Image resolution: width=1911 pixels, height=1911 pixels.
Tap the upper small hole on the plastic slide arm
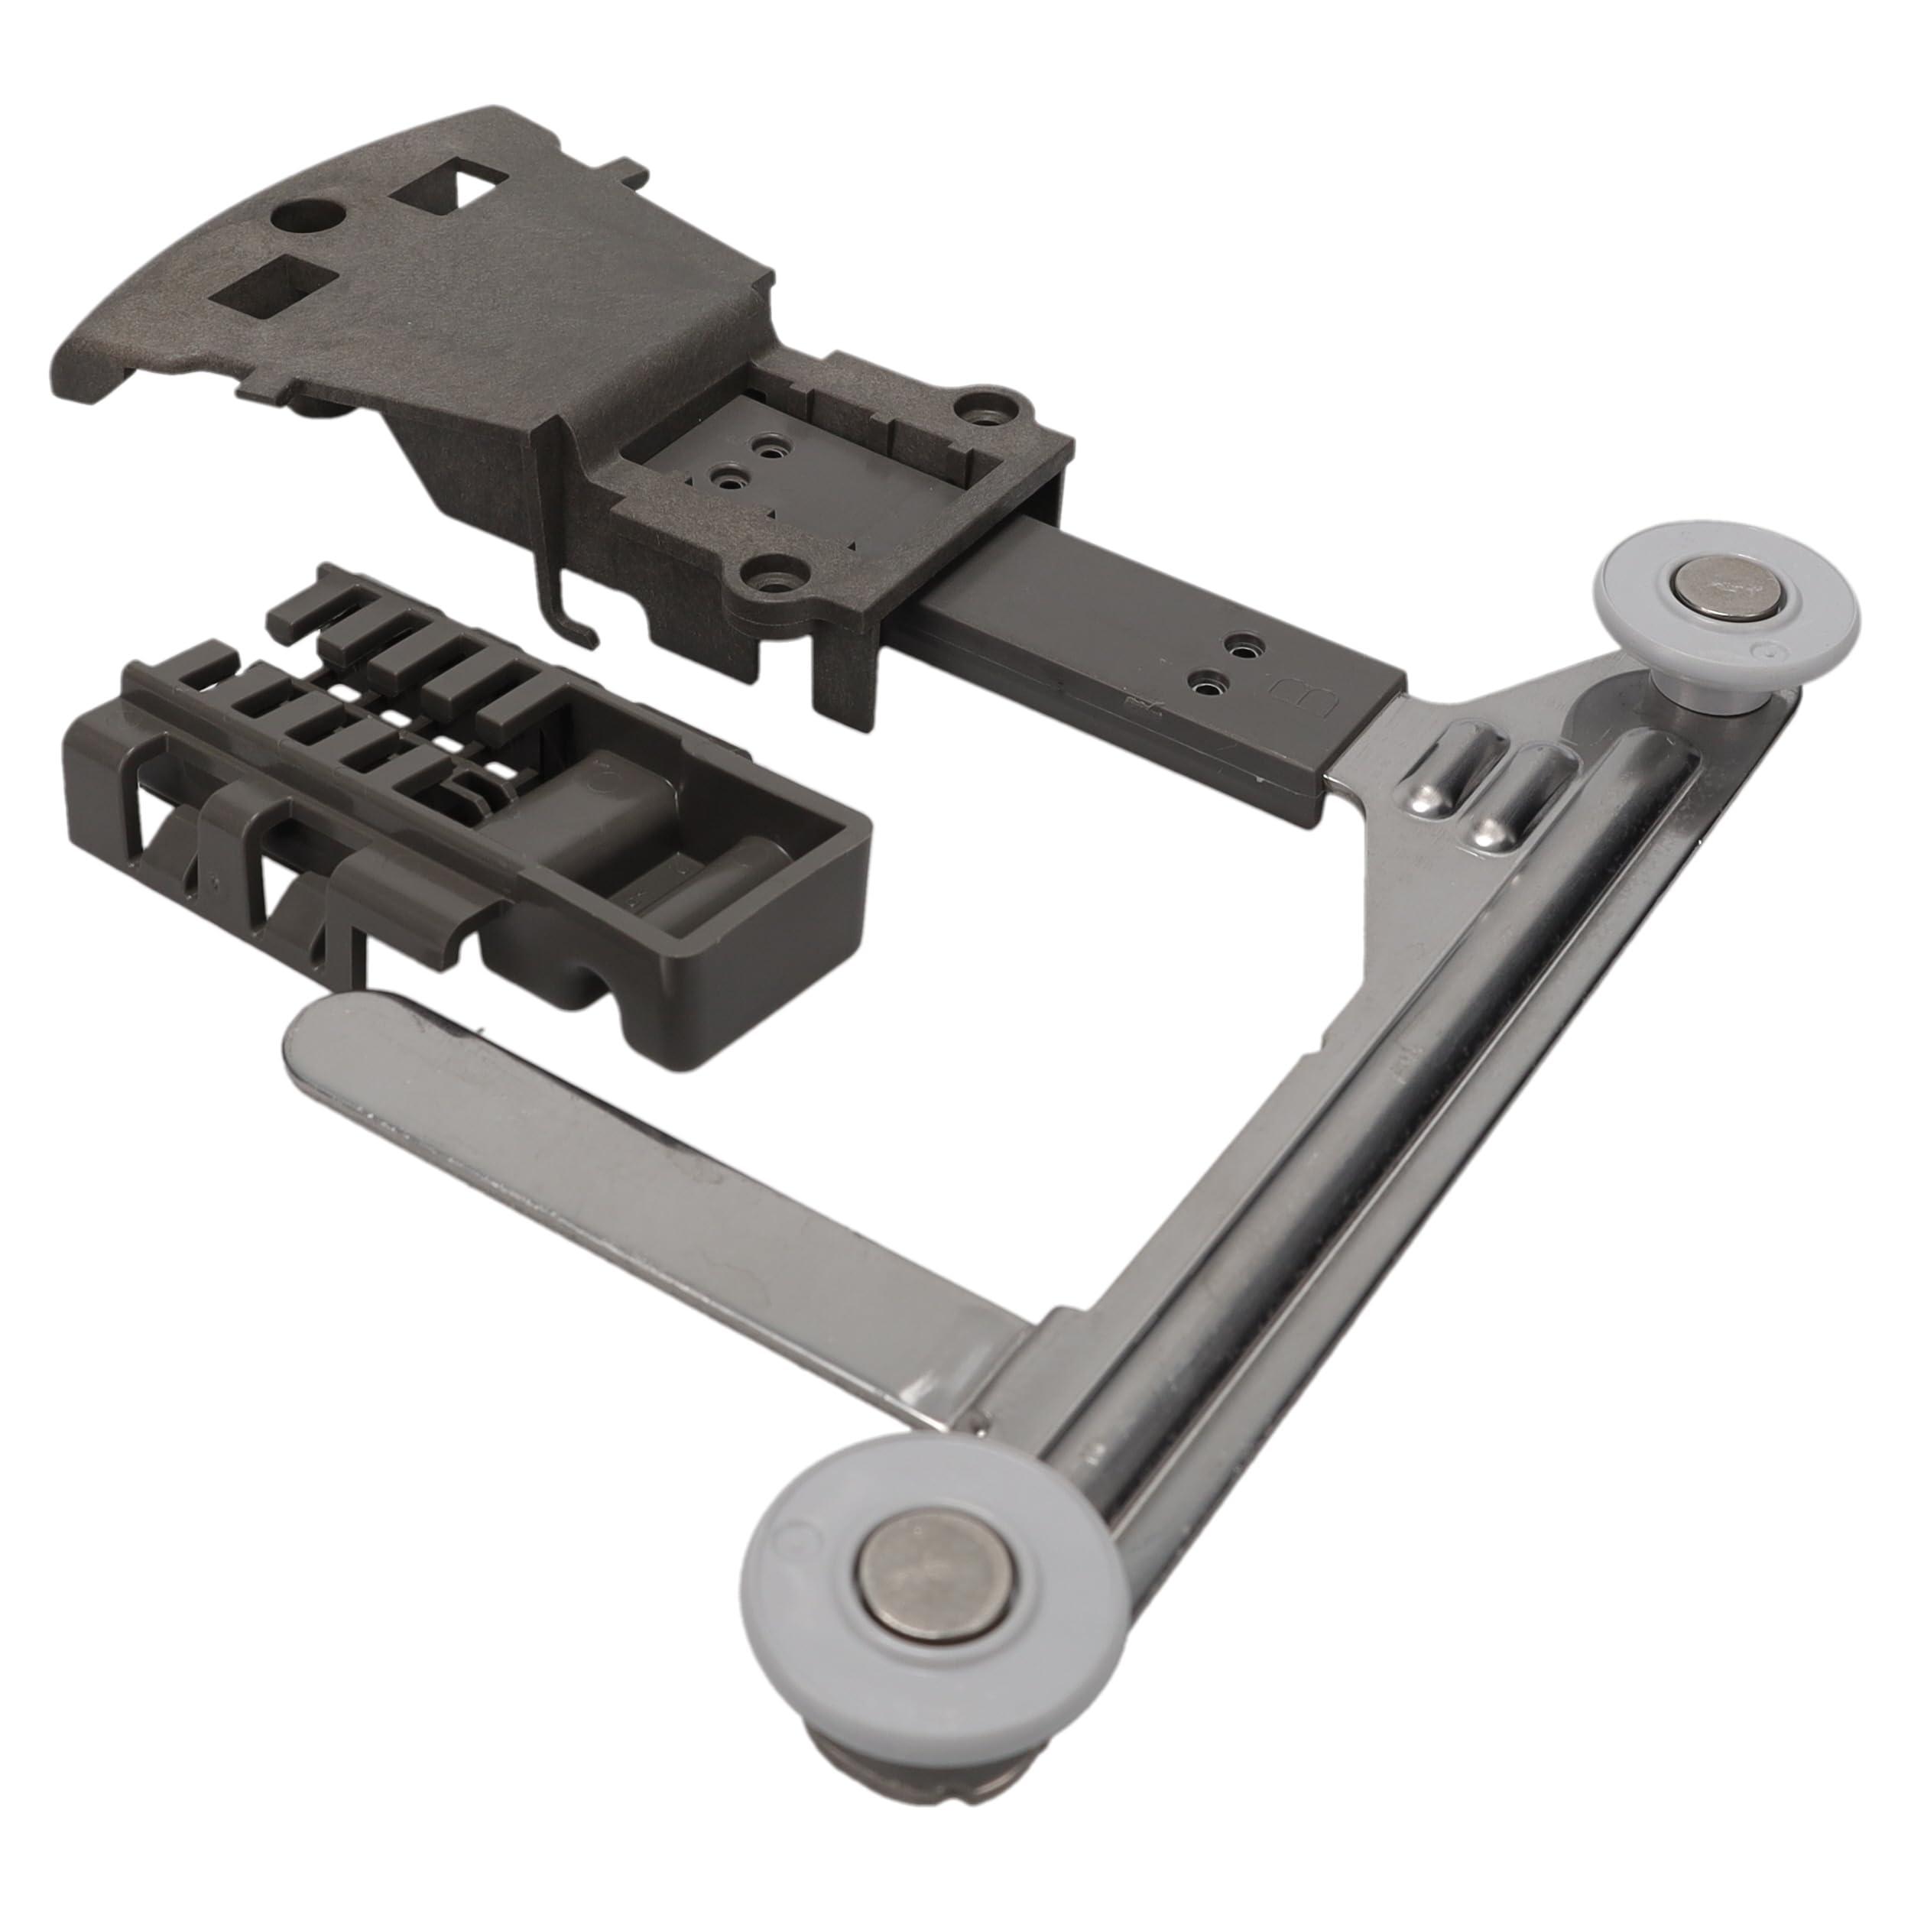pyautogui.click(x=1242, y=646)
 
